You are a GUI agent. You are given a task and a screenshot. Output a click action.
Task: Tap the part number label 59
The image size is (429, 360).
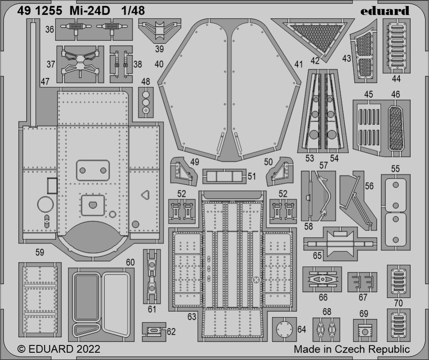tap(40, 253)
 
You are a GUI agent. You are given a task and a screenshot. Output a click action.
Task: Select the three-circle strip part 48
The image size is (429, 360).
tap(146, 102)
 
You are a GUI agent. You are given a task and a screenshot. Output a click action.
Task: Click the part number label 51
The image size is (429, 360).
tap(251, 176)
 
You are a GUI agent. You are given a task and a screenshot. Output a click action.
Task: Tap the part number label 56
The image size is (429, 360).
tap(369, 186)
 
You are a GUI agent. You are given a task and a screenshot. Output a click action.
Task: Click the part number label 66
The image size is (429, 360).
tap(323, 297)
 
